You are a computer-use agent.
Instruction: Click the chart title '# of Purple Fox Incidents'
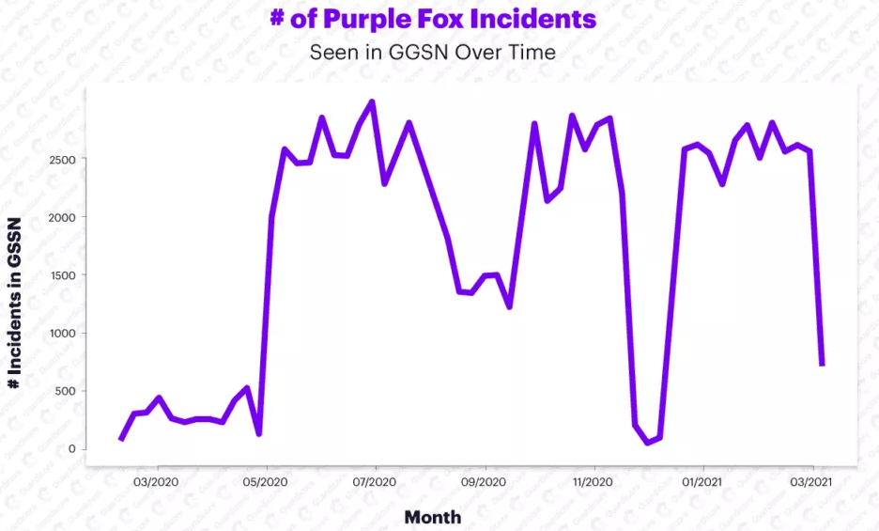(433, 20)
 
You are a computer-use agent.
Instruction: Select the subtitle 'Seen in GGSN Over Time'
(433, 53)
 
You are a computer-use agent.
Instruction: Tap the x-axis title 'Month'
(433, 516)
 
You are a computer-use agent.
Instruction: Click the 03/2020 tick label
(158, 482)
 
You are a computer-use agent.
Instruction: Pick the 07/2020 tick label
(376, 482)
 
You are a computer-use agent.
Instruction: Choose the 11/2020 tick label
(594, 482)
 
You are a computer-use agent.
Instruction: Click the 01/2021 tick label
(703, 482)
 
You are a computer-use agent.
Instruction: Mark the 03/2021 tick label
(812, 482)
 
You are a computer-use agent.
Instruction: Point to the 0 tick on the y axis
(70, 449)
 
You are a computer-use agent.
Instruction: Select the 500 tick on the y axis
(64, 391)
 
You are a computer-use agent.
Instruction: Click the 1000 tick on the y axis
(61, 333)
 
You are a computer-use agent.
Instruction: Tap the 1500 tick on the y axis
(61, 274)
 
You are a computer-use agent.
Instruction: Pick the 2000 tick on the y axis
(61, 217)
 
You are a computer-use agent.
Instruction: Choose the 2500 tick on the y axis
(61, 159)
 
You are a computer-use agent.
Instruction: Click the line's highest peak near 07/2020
(372, 102)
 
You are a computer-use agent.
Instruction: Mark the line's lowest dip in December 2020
(648, 443)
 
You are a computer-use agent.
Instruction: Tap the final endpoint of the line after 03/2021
(822, 365)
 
